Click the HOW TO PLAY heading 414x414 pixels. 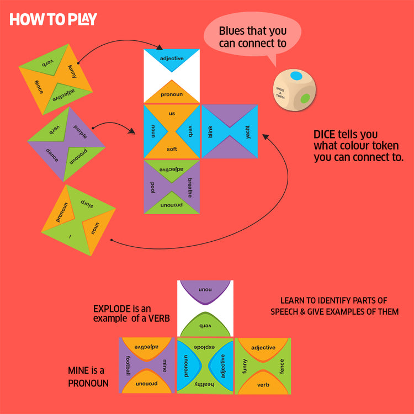tap(54, 19)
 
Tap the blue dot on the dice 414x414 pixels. tap(296, 76)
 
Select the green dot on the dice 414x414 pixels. tap(305, 98)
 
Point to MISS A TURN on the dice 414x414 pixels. tap(280, 93)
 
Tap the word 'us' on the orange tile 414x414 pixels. tap(172, 114)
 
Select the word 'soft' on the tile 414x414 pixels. tap(172, 149)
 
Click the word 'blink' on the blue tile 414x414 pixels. tap(210, 131)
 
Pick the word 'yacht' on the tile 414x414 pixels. tap(247, 132)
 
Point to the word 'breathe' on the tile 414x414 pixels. tap(190, 188)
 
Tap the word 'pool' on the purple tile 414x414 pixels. tap(152, 187)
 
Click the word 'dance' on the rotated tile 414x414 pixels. tap(52, 155)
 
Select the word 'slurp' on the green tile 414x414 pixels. tap(87, 203)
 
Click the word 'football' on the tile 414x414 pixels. tap(128, 365)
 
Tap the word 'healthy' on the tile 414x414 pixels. tap(204, 384)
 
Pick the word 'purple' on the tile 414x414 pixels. tap(80, 131)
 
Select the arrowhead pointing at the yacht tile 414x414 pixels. tap(265, 137)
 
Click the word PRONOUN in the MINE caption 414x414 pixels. tap(88, 384)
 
